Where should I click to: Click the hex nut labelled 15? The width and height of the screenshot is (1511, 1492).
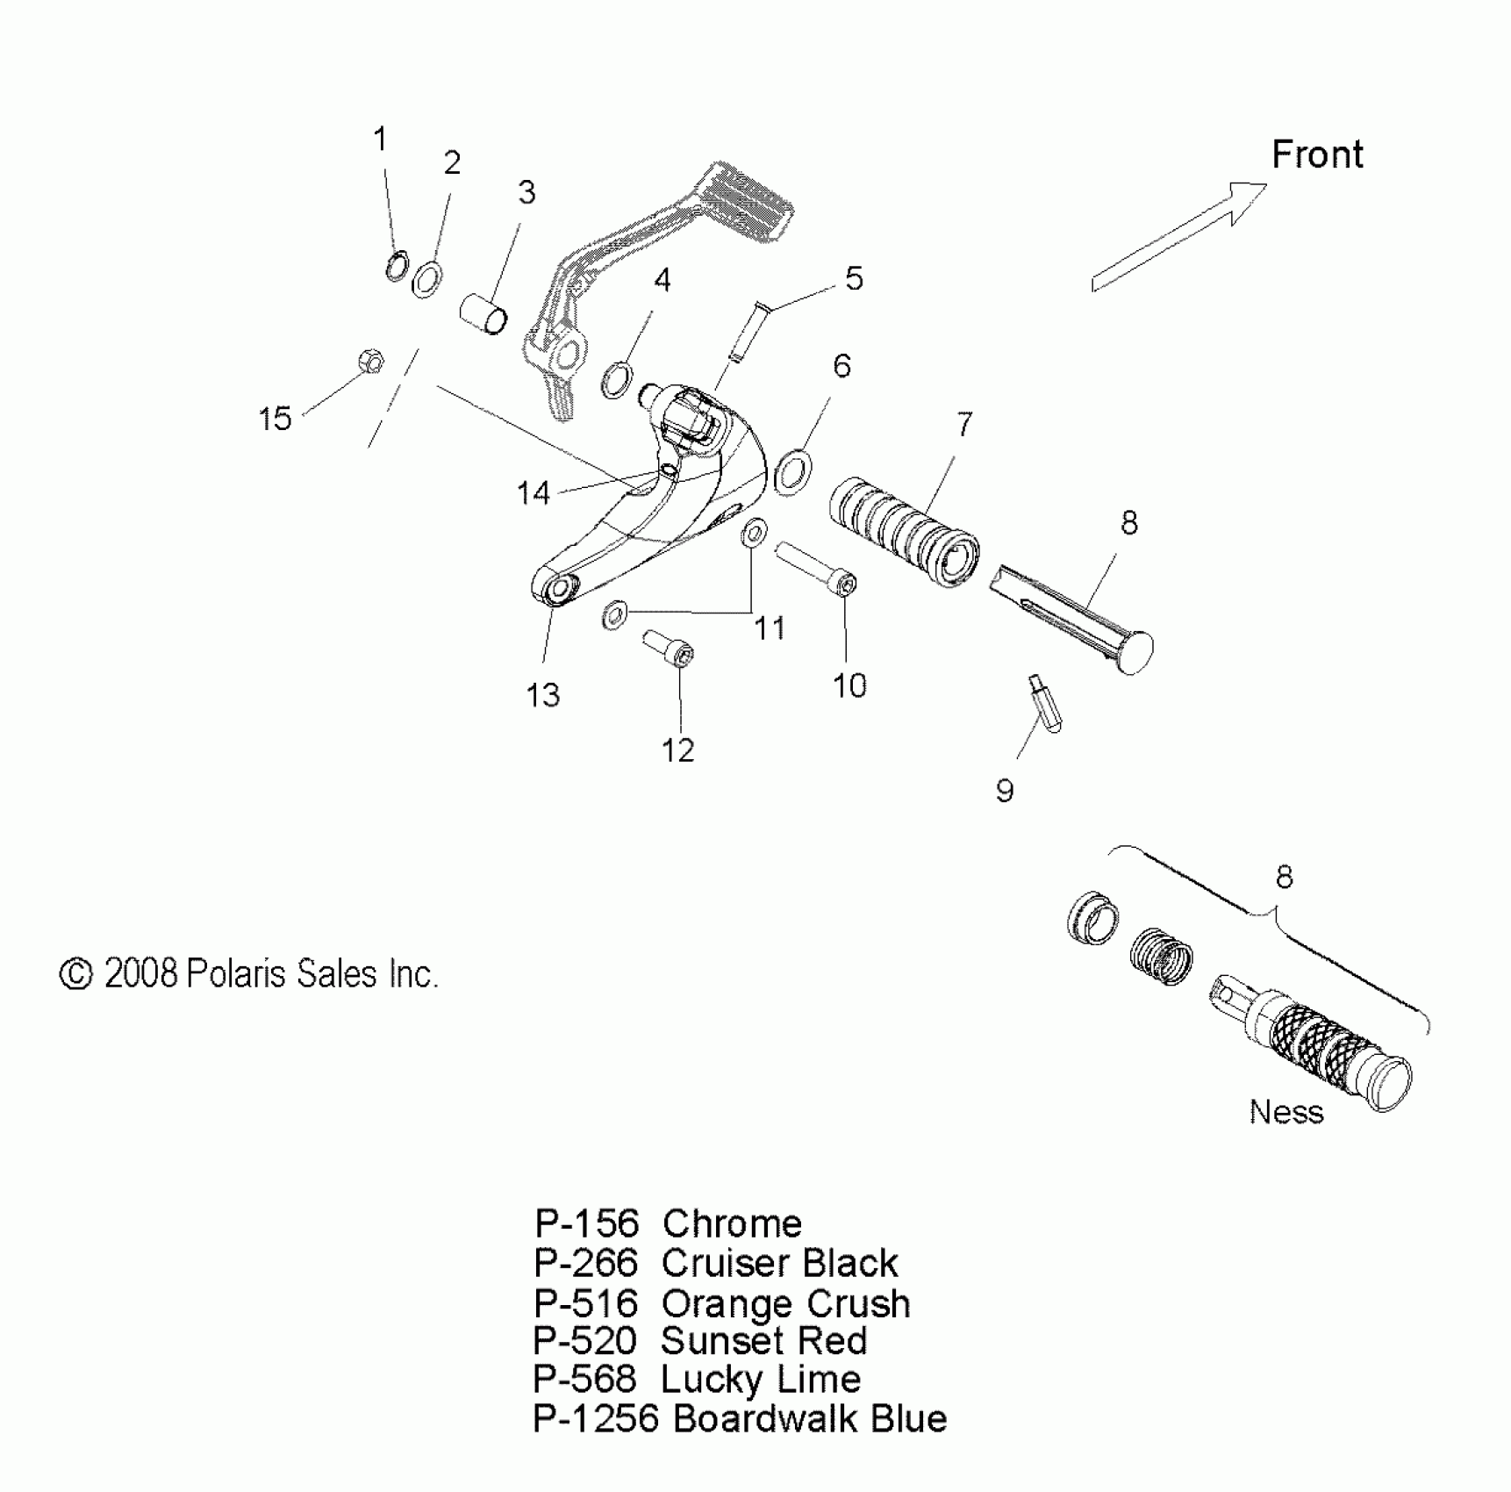pyautogui.click(x=370, y=361)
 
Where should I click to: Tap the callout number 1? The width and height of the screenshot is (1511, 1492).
pyautogui.click(x=380, y=139)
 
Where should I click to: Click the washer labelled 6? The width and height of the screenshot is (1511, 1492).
pyautogui.click(x=793, y=471)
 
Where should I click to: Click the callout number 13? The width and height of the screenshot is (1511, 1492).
pyautogui.click(x=543, y=695)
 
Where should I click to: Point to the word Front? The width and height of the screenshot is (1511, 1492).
pyautogui.click(x=1317, y=155)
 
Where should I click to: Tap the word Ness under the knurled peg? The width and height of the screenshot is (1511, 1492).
pyautogui.click(x=1285, y=1112)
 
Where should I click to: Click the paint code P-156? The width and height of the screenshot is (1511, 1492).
pyautogui.click(x=586, y=1223)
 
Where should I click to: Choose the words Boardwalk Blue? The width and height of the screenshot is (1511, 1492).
pyautogui.click(x=810, y=1419)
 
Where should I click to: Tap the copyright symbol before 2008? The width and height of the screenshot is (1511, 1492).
pyautogui.click(x=76, y=974)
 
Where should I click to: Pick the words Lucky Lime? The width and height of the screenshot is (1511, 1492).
pyautogui.click(x=760, y=1380)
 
